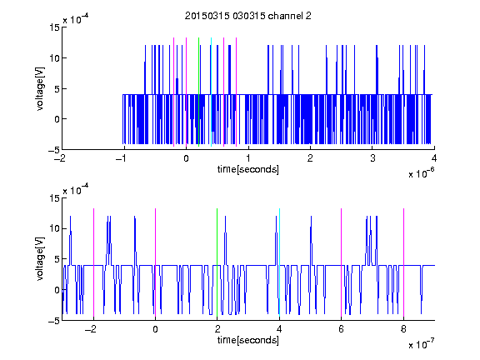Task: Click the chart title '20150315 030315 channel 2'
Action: click(x=248, y=16)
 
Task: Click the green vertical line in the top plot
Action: click(x=198, y=92)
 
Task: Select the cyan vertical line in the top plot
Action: click(x=211, y=92)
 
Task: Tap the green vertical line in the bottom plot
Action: click(x=217, y=262)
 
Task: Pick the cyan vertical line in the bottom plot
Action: click(x=279, y=262)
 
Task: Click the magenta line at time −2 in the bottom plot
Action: click(x=93, y=262)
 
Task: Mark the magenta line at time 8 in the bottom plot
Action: click(x=404, y=262)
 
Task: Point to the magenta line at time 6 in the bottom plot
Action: click(x=342, y=262)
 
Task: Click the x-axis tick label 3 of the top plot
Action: click(x=372, y=158)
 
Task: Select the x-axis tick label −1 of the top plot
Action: click(x=122, y=158)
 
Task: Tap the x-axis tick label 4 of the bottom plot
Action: click(x=279, y=329)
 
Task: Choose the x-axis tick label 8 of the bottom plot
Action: click(x=403, y=329)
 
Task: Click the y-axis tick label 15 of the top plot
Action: click(x=54, y=27)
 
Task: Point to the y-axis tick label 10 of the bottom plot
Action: click(x=54, y=228)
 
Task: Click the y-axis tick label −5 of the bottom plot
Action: click(x=54, y=321)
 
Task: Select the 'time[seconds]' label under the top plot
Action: click(x=248, y=169)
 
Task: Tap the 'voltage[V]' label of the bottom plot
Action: click(x=40, y=258)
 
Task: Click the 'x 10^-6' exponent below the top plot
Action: click(x=421, y=173)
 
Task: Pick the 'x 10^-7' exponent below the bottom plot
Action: click(x=421, y=344)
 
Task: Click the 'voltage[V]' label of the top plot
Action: click(x=40, y=88)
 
